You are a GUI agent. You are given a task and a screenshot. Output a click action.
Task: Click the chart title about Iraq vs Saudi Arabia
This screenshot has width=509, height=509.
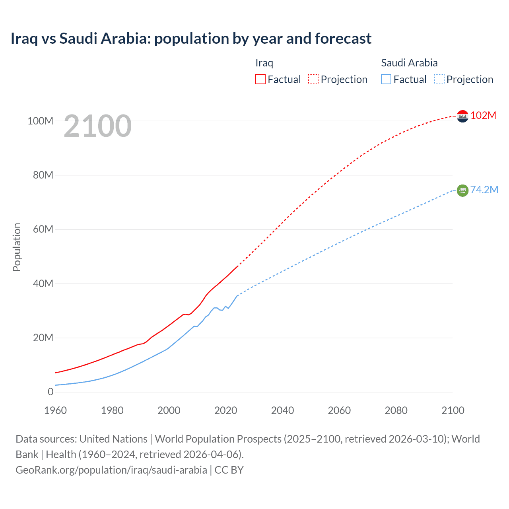point(191,39)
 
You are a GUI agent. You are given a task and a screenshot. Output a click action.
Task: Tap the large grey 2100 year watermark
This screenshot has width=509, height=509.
point(97,126)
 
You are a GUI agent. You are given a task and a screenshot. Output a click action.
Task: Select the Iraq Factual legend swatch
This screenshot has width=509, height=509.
point(260,79)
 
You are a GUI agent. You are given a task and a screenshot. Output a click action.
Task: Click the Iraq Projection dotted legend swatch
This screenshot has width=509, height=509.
point(313,79)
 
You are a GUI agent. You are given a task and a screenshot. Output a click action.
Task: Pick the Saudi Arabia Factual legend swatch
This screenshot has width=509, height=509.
point(386,79)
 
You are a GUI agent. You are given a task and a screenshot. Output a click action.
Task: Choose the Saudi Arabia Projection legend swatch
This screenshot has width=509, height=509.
point(439,79)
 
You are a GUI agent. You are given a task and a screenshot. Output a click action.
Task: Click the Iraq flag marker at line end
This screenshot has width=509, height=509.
point(462,116)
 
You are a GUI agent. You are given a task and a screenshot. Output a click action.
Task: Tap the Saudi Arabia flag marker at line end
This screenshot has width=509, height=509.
point(462,190)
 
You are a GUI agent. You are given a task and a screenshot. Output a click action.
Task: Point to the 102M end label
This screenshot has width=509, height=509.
point(483,115)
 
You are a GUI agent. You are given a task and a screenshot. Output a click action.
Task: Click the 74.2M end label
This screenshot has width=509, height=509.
point(484,190)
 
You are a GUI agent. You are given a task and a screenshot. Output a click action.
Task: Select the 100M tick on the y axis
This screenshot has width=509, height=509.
point(40,121)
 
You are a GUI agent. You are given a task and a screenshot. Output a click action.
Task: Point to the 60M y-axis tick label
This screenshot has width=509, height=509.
point(43,229)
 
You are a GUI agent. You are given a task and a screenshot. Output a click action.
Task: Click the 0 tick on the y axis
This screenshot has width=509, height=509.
point(50,392)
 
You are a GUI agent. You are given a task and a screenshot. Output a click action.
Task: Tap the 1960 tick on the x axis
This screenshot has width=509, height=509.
point(55,410)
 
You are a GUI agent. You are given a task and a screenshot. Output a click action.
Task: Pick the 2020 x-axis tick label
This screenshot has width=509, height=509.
point(225,410)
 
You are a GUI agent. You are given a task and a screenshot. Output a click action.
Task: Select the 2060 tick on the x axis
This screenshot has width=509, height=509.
point(339,410)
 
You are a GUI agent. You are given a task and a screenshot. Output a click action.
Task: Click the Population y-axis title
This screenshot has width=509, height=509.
point(17,247)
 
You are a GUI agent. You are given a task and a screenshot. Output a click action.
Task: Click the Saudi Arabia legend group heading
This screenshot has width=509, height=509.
point(409,63)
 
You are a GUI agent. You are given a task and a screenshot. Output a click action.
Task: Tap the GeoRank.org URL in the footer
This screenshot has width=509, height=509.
point(111,470)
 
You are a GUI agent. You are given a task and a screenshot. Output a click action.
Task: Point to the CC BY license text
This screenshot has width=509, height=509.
point(229,470)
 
